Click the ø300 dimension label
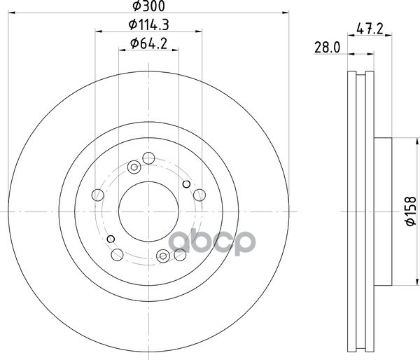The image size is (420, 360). (x=148, y=6)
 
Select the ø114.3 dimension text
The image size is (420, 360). (x=148, y=25)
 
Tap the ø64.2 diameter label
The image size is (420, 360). (x=148, y=43)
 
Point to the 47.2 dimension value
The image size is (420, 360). (x=370, y=29)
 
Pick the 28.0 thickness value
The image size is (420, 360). (x=327, y=48)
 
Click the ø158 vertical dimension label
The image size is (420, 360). (x=411, y=212)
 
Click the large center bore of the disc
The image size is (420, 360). (x=148, y=212)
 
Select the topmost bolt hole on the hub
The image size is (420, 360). (x=148, y=158)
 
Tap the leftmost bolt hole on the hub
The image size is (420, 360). (x=98, y=195)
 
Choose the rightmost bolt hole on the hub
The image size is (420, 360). (x=199, y=195)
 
